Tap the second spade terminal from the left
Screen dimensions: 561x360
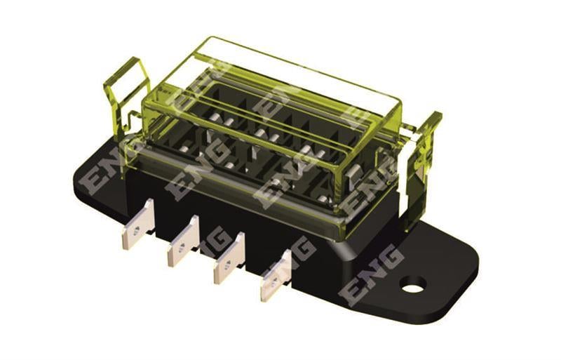[183, 241]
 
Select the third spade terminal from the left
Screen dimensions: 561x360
[229, 258]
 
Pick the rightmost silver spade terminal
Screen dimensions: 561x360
[276, 276]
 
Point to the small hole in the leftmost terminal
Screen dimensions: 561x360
[136, 232]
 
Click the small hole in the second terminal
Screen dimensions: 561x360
[181, 248]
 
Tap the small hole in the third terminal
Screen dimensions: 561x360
[227, 265]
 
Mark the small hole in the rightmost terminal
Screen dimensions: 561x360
[274, 283]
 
